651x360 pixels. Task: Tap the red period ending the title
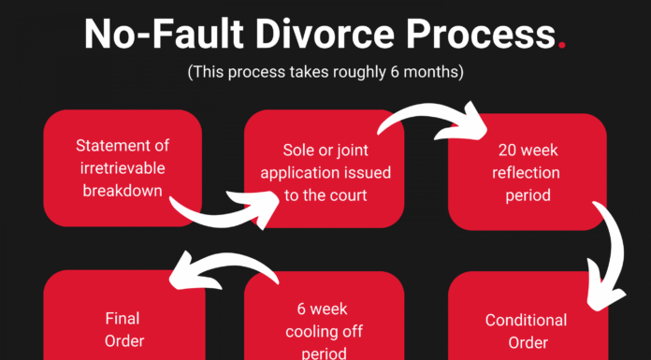coord(559,43)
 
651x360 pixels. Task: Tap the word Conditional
coord(526,320)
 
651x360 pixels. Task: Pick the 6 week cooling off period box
coord(325,323)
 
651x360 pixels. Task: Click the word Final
coord(109,318)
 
